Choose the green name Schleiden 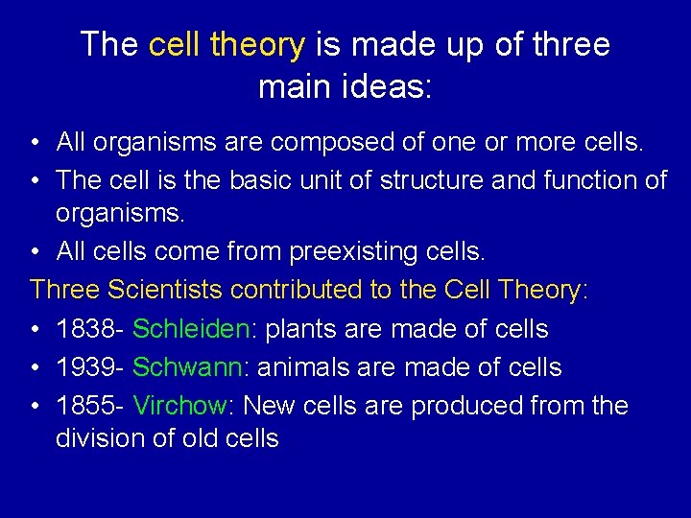coord(191,329)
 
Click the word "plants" coord(298,329)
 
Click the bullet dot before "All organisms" coord(35,144)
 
